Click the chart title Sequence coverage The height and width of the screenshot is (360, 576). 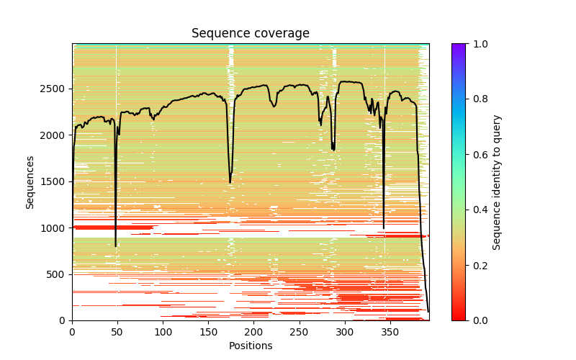[x=250, y=33]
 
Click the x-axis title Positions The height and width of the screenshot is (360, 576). [x=250, y=346]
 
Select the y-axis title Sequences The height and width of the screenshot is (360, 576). [x=30, y=181]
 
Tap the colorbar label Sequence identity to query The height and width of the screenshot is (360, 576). [x=497, y=181]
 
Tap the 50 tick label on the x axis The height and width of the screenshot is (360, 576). [x=117, y=332]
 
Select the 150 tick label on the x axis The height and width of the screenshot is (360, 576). [x=208, y=332]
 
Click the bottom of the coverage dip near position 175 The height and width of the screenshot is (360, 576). [x=230, y=183]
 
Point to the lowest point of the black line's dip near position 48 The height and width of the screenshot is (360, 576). [x=115, y=246]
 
